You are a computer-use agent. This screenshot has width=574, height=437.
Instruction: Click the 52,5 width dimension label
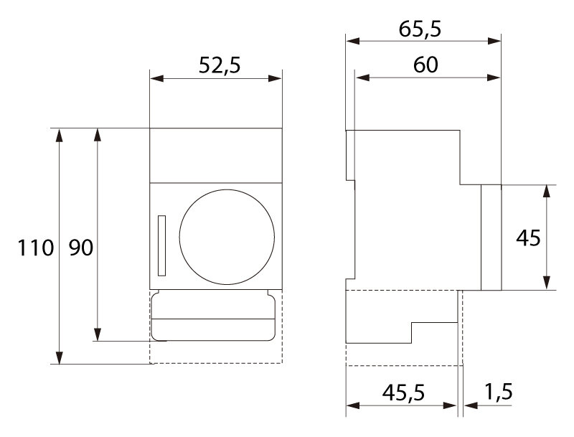point(219,65)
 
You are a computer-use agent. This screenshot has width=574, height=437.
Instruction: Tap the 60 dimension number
point(426,65)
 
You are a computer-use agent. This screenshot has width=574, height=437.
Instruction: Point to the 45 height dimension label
point(528,238)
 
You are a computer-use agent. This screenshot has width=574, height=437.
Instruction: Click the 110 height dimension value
point(36,248)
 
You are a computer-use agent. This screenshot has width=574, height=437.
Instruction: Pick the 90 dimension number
point(80,248)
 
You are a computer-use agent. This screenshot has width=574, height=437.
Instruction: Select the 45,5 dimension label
point(402,393)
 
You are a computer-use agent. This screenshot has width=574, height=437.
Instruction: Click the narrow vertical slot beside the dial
point(161,246)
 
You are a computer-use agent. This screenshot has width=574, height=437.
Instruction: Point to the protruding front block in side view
point(491,238)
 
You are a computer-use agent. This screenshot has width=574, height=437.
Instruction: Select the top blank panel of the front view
point(215,155)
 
